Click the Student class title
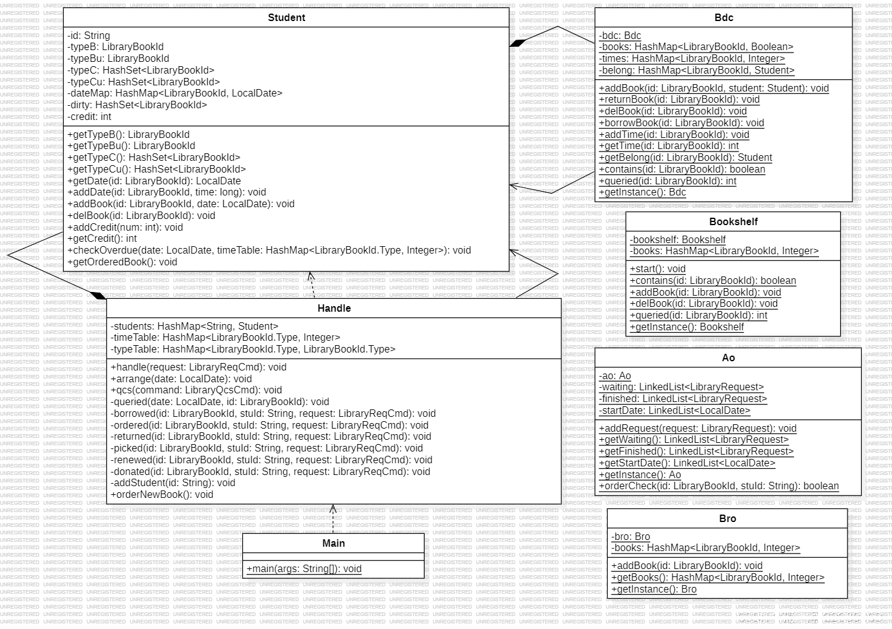click(286, 18)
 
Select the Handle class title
click(334, 309)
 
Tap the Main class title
click(333, 544)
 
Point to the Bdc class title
click(723, 18)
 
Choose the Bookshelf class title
click(733, 222)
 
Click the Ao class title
click(728, 358)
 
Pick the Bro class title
click(728, 519)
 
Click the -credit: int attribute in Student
click(90, 116)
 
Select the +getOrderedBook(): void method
click(122, 262)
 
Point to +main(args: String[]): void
click(304, 569)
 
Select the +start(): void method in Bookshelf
click(658, 269)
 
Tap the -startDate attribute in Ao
click(674, 411)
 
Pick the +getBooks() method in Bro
click(718, 578)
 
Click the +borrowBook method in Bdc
click(681, 123)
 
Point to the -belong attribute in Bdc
click(697, 71)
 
